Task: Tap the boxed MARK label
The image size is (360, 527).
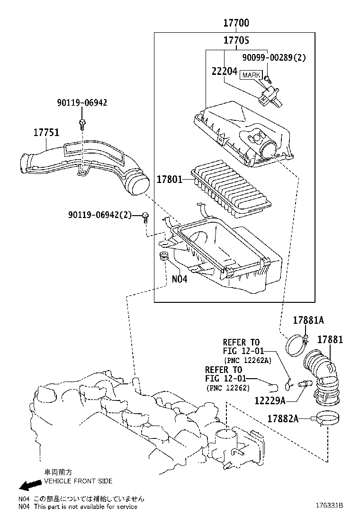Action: tap(251, 75)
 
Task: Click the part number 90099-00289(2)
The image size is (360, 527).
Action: tap(274, 58)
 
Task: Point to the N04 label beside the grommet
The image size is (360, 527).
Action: tap(179, 279)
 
